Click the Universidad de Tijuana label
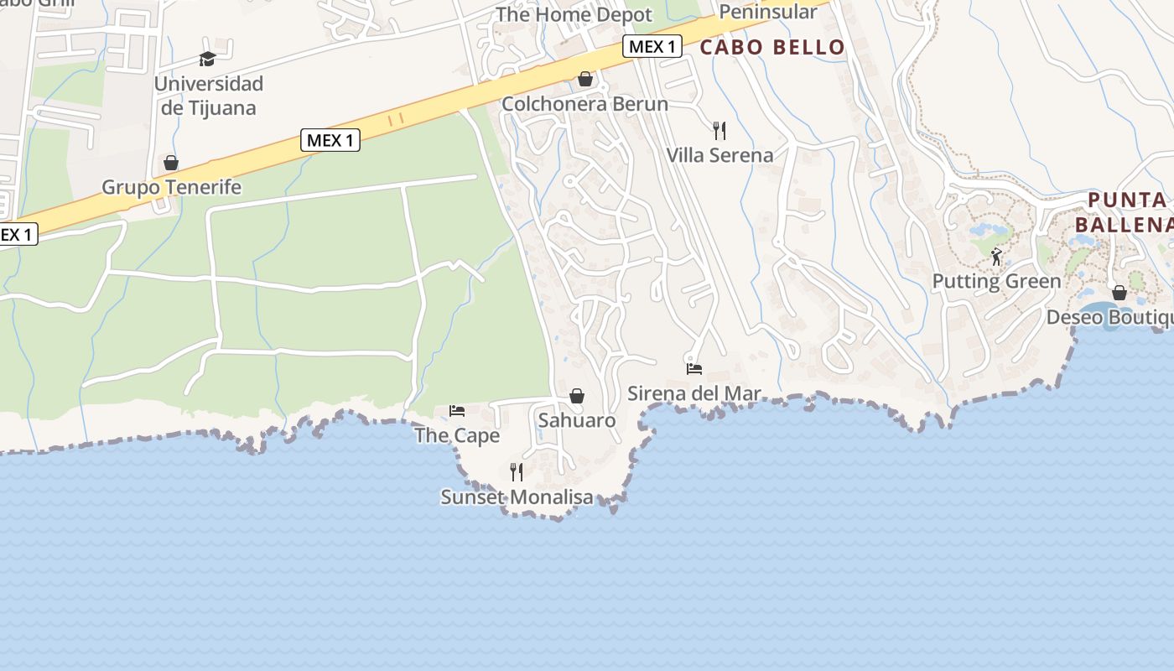pos(209,96)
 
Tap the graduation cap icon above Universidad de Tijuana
pos(207,59)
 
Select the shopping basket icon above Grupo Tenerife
pos(171,163)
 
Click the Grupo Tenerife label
pos(171,187)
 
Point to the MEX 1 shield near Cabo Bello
pos(652,46)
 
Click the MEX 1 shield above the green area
pos(330,140)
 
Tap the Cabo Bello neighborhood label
pos(772,47)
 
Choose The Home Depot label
pos(574,15)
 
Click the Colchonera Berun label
pos(584,104)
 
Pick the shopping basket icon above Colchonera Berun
pos(585,79)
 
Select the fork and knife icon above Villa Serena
pos(719,130)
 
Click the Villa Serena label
pos(719,155)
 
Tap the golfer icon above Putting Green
pos(996,257)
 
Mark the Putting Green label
pos(996,282)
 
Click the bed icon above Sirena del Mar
pos(694,368)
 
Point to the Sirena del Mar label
pos(694,393)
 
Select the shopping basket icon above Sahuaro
pos(577,396)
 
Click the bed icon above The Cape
pos(457,410)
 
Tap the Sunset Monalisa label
pos(517,497)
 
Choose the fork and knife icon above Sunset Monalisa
pos(517,471)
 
